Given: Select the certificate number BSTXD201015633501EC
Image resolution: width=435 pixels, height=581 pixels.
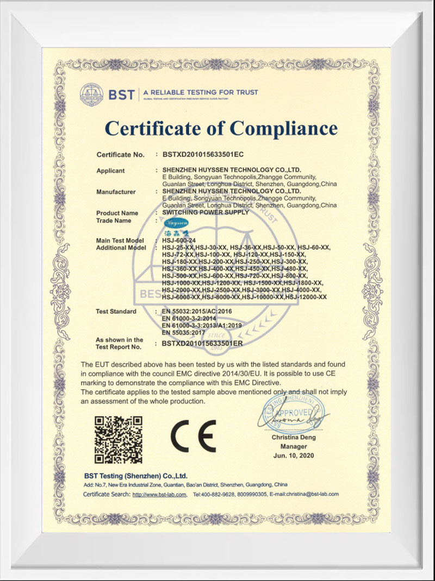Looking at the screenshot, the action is pyautogui.click(x=203, y=154).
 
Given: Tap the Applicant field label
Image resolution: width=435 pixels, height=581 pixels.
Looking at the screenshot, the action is pyautogui.click(x=110, y=170).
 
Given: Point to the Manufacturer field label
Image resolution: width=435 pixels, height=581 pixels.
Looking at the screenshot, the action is pyautogui.click(x=116, y=192).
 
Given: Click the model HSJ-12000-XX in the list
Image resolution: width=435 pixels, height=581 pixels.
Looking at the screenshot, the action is pyautogui.click(x=306, y=297).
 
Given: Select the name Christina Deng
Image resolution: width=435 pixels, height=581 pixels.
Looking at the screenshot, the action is pyautogui.click(x=294, y=437).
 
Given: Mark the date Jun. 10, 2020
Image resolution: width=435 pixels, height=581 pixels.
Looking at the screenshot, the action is pyautogui.click(x=294, y=454).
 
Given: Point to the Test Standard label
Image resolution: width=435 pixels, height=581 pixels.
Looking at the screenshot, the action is pyautogui.click(x=116, y=312).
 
